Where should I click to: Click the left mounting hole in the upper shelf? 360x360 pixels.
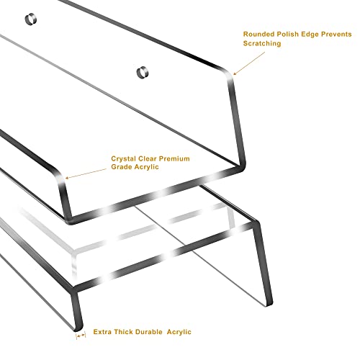pos(31,19)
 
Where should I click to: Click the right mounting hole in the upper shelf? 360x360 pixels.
pos(143,72)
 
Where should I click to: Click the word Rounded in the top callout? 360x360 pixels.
pos(258,34)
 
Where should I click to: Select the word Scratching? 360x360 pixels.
pos(262,43)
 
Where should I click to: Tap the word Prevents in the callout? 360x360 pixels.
pos(336,34)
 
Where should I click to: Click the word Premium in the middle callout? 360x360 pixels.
pos(174,158)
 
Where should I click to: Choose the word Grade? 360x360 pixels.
pos(122,167)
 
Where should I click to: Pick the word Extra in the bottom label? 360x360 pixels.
pos(102,332)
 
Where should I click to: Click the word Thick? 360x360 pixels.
pos(124,332)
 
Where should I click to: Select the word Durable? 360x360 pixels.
pos(149,332)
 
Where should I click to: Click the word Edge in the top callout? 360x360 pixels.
pos(310,35)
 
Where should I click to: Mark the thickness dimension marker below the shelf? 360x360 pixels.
pos(81,336)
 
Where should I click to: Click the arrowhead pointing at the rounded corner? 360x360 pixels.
pos(235,73)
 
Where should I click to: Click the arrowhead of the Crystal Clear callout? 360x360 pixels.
pos(68,178)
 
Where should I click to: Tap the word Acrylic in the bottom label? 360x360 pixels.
pos(179,332)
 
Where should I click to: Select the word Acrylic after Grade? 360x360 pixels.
pos(147,167)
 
